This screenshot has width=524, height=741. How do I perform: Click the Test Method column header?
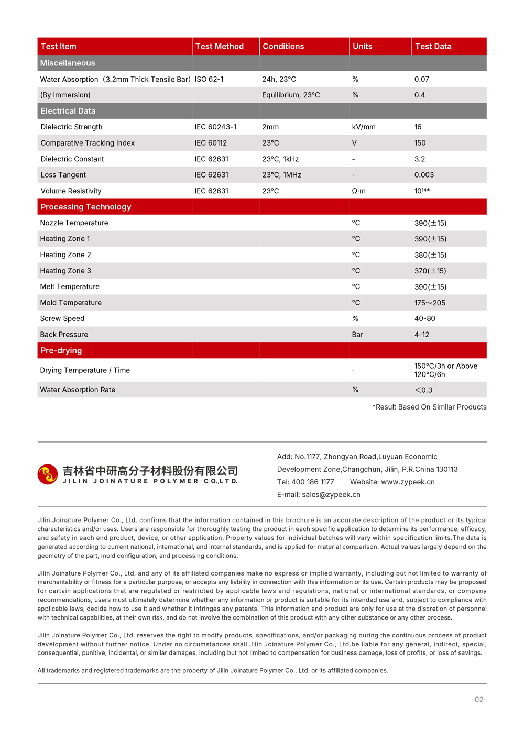point(219,46)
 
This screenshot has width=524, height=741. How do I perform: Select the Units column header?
point(362,46)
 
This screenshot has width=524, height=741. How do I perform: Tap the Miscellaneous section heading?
point(68,63)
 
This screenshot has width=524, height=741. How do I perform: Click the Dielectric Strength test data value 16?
point(418,127)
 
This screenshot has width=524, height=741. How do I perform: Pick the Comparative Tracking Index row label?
point(88,143)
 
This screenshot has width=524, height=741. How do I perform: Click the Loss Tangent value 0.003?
point(424,175)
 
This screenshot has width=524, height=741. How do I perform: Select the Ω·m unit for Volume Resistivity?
point(358,191)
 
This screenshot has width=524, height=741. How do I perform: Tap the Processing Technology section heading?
point(86,207)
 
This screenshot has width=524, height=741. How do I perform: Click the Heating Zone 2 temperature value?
point(430,255)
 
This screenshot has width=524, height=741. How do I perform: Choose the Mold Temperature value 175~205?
point(430,303)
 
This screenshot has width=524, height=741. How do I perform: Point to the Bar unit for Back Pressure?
point(357,335)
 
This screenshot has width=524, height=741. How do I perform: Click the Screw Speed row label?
point(62,318)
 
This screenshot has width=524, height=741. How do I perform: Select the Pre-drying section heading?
point(61,350)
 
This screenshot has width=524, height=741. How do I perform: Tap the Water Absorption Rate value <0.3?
point(423,390)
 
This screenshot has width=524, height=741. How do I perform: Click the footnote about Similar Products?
point(429,407)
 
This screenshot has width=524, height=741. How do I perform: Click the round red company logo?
point(48,474)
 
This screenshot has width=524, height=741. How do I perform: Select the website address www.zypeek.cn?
point(408,482)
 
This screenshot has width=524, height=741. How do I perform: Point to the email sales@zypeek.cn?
point(331,494)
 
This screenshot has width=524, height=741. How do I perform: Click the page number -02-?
point(479,700)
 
